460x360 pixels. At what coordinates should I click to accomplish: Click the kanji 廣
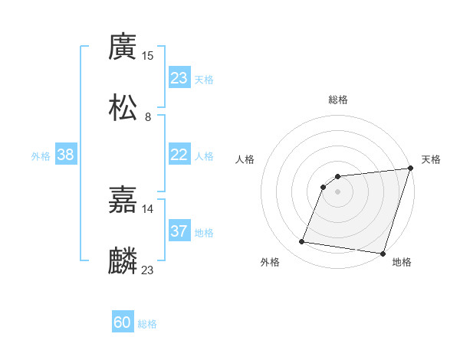click(x=123, y=47)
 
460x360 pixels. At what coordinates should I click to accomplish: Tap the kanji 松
click(x=123, y=108)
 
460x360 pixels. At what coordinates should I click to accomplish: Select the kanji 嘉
click(x=123, y=200)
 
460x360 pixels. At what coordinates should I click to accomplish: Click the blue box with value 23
click(x=179, y=78)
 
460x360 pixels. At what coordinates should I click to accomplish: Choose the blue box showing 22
click(x=179, y=155)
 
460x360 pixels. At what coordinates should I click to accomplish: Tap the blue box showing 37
click(x=179, y=231)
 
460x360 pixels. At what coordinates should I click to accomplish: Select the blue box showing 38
click(x=66, y=155)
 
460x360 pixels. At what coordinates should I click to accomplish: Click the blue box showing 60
click(x=123, y=322)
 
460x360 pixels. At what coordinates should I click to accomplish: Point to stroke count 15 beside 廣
click(x=148, y=55)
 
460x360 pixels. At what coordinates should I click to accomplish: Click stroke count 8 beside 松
click(x=148, y=116)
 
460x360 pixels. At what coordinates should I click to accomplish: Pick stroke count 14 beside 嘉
click(x=148, y=208)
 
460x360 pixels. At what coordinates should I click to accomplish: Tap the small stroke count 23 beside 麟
click(x=148, y=270)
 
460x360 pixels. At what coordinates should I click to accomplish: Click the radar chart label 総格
click(x=338, y=100)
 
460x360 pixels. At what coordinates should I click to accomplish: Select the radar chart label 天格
click(x=431, y=159)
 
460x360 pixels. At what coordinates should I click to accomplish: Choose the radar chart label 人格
click(x=245, y=159)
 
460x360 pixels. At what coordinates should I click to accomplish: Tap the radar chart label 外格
click(x=270, y=262)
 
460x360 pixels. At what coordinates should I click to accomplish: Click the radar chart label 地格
click(x=402, y=262)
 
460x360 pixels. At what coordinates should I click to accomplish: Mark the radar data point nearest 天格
click(x=410, y=169)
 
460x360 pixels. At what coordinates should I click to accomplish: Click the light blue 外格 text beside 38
click(x=41, y=156)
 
